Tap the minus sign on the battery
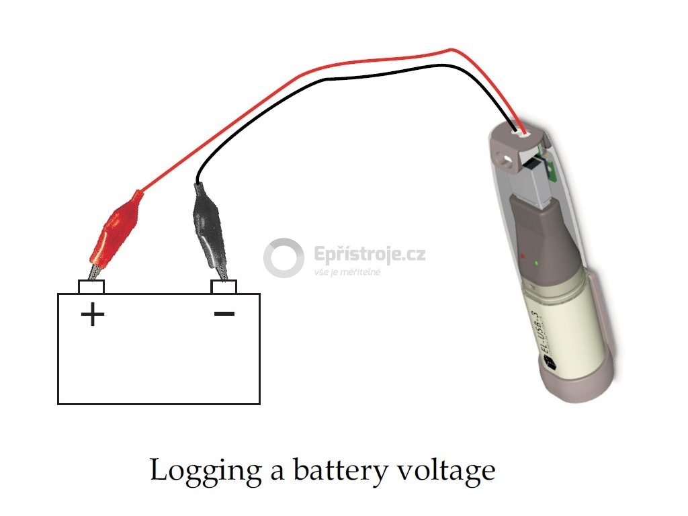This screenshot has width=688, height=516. tap(224, 314)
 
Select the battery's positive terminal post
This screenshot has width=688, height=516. tap(91, 287)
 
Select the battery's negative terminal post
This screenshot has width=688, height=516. tap(224, 287)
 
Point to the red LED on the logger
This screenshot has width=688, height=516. tap(523, 256)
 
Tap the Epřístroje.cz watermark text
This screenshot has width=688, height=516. tap(370, 255)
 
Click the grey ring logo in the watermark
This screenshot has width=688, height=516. tap(283, 258)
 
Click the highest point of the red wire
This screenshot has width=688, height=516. tap(452, 48)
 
